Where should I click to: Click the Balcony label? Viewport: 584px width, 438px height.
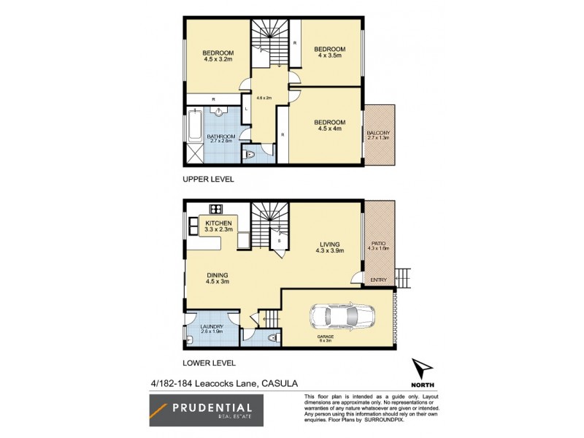coord(378,134)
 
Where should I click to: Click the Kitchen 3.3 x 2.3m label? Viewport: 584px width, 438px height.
coord(218,226)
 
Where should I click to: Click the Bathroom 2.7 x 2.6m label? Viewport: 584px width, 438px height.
coord(220,138)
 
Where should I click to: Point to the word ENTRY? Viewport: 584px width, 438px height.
coord(379,279)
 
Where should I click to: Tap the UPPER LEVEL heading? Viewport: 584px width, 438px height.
coord(207,178)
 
